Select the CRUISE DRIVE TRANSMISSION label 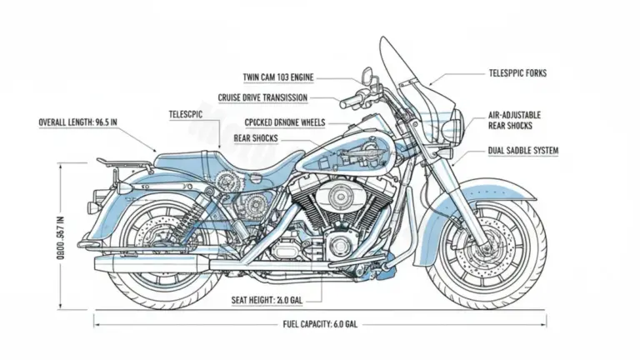[x=262, y=97]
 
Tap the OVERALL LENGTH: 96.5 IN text [x=77, y=122]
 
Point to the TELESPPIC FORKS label [x=517, y=73]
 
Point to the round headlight [x=455, y=126]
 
